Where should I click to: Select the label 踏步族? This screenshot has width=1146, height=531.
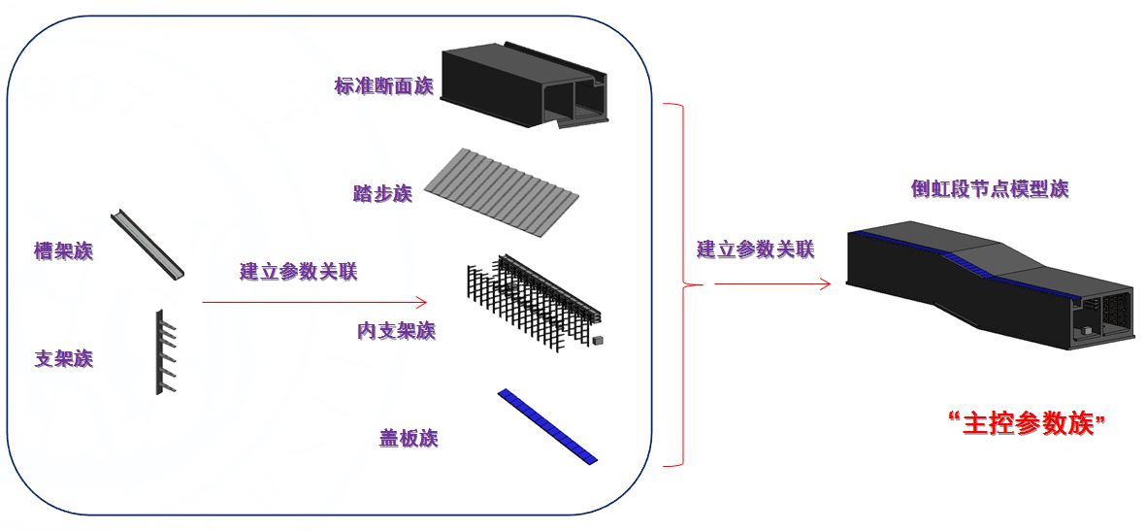(x=382, y=193)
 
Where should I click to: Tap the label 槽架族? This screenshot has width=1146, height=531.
(x=63, y=251)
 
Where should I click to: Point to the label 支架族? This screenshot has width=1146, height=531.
(x=64, y=359)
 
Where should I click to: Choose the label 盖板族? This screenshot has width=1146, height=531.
(x=409, y=439)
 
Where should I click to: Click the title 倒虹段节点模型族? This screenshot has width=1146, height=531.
(x=989, y=188)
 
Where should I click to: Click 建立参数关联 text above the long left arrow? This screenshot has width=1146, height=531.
(x=298, y=272)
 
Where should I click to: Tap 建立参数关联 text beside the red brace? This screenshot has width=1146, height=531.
(x=755, y=249)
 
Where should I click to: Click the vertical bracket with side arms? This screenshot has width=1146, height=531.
(x=160, y=351)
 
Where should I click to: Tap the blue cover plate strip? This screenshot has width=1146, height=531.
(x=548, y=425)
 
